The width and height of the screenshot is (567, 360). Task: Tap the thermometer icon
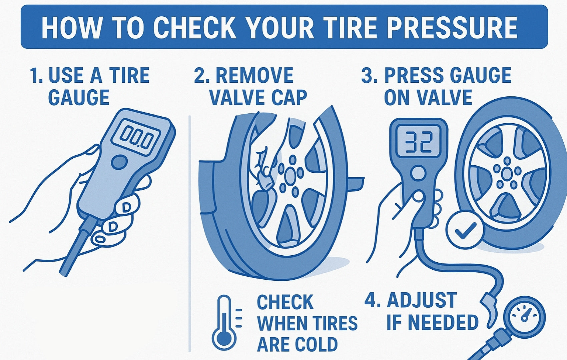click(224, 323)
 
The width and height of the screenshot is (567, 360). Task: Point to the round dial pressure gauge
click(524, 317)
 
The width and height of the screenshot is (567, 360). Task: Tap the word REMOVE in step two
click(254, 75)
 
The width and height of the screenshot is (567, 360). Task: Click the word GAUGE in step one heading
click(79, 97)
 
